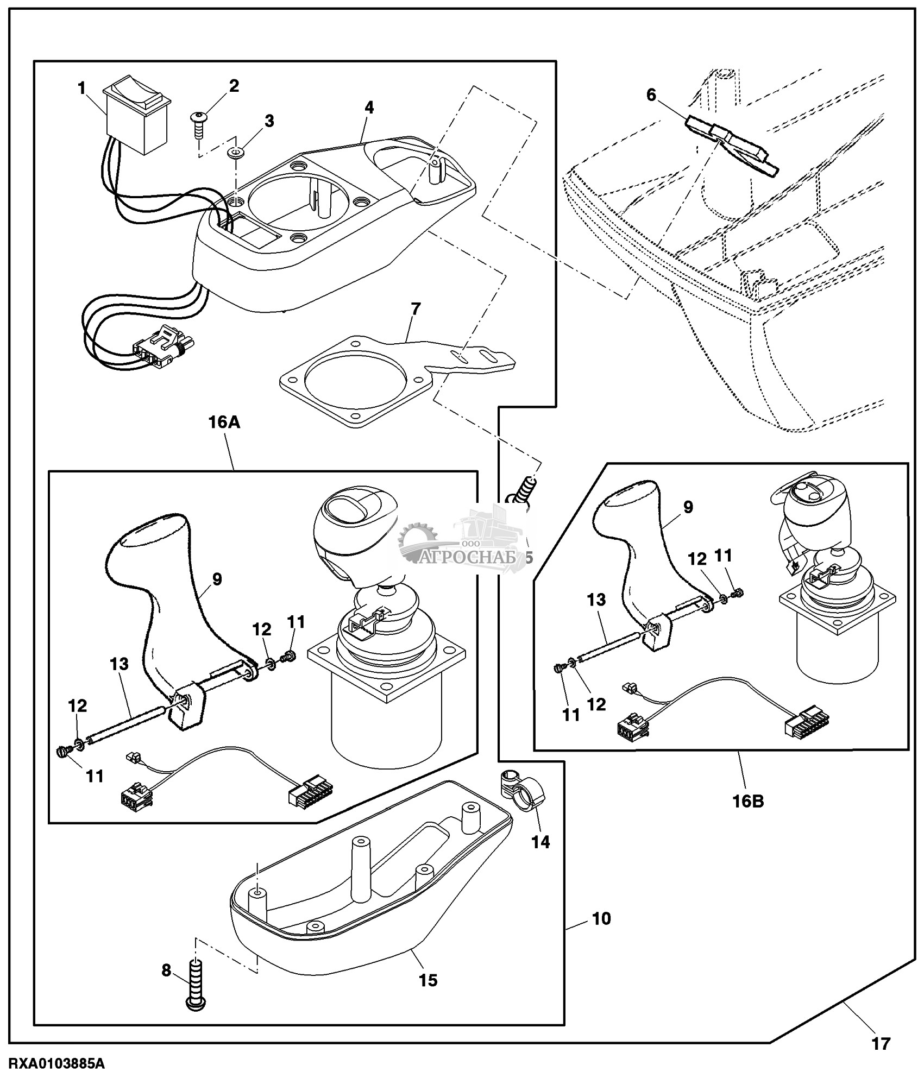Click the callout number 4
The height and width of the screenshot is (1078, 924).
point(369,108)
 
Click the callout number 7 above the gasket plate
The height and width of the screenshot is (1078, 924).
point(416,310)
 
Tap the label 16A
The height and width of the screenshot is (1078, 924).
point(221,423)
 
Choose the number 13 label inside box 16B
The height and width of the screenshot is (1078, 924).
point(596,600)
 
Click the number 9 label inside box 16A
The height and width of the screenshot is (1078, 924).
point(217,579)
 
